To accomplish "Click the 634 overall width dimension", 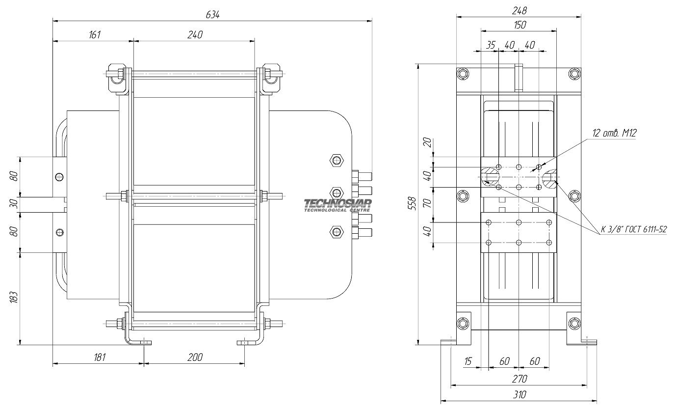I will [212, 15].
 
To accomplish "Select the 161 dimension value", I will [94, 35].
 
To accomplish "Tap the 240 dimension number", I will [195, 35].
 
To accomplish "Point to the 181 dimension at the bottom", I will [99, 357].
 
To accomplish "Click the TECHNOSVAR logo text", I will [338, 204].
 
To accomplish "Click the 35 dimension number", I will [491, 45].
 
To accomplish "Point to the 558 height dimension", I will [412, 203].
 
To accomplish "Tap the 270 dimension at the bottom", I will [520, 379].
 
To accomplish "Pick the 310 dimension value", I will [520, 394].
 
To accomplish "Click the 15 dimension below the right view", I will [468, 361].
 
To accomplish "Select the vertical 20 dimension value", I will [427, 142].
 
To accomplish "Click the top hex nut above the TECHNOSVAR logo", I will [337, 160].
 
